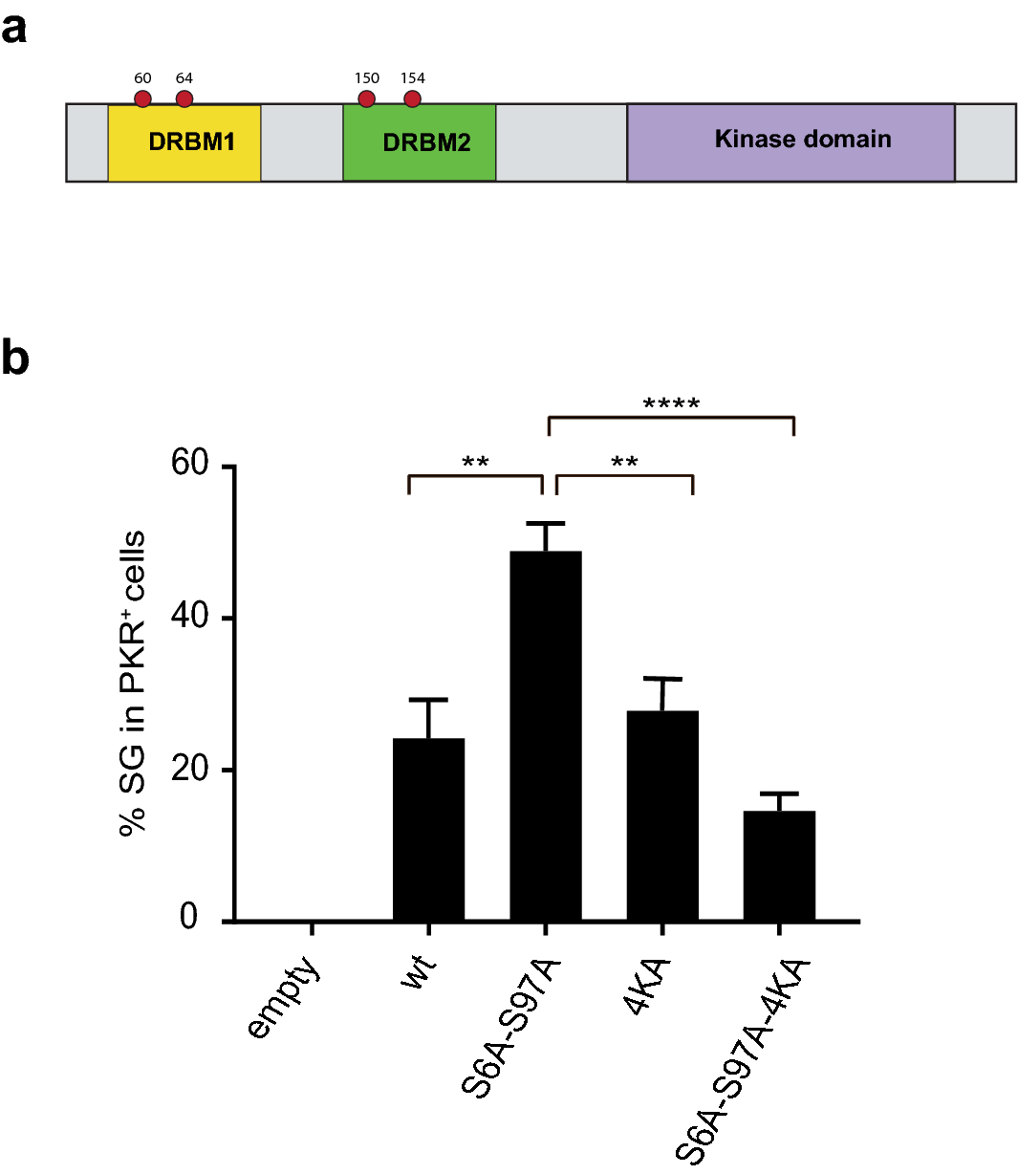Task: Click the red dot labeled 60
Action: [143, 98]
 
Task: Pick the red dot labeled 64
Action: [184, 98]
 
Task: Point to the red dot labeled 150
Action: [366, 98]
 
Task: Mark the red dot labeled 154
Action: [412, 98]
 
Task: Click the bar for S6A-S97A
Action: [546, 736]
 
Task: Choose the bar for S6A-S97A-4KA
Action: [779, 866]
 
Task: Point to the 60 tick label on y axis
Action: [189, 464]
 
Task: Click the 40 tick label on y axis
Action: [189, 617]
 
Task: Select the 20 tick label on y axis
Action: [189, 769]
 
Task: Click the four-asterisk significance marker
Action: [671, 404]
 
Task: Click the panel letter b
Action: [15, 359]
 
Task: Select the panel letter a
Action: [13, 30]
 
